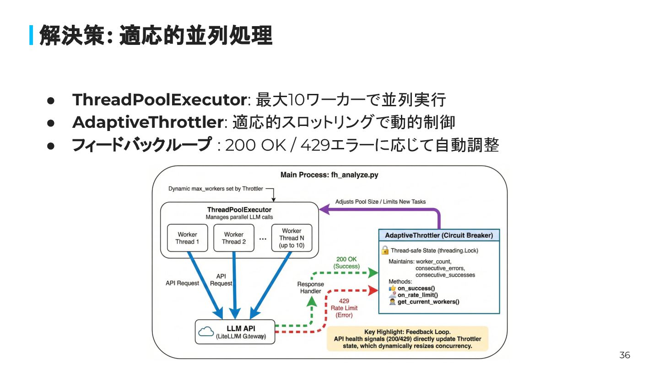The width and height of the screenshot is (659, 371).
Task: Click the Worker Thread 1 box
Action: coord(188,238)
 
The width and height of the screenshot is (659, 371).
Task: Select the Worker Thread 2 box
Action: coord(234,238)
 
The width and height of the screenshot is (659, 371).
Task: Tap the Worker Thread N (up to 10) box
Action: coord(292,238)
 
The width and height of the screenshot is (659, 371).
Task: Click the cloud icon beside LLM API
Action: coord(207,332)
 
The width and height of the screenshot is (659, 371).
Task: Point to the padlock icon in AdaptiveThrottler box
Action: coord(385,250)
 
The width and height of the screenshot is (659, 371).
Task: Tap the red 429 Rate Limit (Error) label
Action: coord(344,308)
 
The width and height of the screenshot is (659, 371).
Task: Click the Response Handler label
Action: coord(311,288)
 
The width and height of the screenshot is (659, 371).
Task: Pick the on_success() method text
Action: coord(416,288)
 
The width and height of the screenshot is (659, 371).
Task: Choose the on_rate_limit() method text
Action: coord(417,295)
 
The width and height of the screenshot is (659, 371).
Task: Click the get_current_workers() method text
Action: coord(428,302)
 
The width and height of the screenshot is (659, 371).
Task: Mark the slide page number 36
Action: coord(625,355)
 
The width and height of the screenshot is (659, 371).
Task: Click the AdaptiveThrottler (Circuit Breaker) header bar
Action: coord(439,235)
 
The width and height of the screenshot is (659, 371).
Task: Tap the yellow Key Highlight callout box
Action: coord(407,338)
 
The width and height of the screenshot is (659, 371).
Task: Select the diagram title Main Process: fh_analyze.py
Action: coord(329,175)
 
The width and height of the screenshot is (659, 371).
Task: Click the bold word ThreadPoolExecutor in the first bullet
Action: coord(159,99)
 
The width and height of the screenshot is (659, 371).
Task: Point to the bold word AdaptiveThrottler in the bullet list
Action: coord(147,122)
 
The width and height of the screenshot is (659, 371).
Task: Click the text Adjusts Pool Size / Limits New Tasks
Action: coord(380,202)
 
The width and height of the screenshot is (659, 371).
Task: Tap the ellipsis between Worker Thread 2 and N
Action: coord(263,238)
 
